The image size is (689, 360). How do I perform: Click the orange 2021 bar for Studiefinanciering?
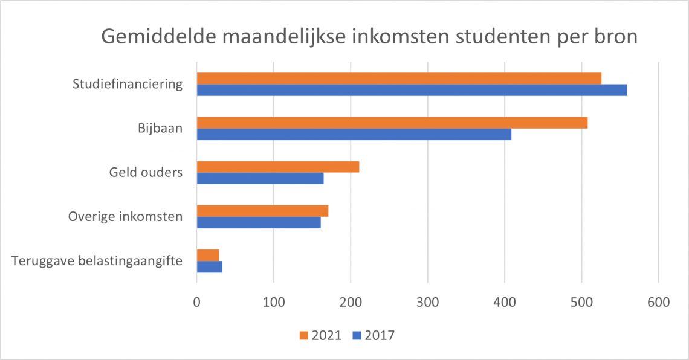(399, 79)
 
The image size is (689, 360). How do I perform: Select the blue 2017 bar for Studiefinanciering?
(412, 90)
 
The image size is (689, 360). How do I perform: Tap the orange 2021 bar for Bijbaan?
(392, 123)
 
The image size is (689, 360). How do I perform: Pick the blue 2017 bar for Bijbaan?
(354, 134)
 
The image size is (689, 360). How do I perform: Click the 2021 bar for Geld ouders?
(278, 167)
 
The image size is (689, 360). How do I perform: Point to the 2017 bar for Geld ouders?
(260, 178)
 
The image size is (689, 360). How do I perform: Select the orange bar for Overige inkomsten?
(262, 211)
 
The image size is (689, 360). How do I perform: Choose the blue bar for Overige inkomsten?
(259, 222)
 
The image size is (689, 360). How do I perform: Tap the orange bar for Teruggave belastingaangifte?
(208, 255)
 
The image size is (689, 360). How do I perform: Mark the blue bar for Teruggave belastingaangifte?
(210, 266)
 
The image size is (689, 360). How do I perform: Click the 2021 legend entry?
(320, 335)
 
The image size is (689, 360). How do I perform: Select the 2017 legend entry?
(373, 335)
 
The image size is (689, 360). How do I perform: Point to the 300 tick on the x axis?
(427, 302)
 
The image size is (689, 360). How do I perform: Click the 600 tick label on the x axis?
(658, 302)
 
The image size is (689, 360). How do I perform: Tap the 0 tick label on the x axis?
(197, 302)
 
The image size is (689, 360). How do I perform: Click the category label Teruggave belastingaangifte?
(97, 260)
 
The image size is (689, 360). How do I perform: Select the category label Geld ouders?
(146, 172)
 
